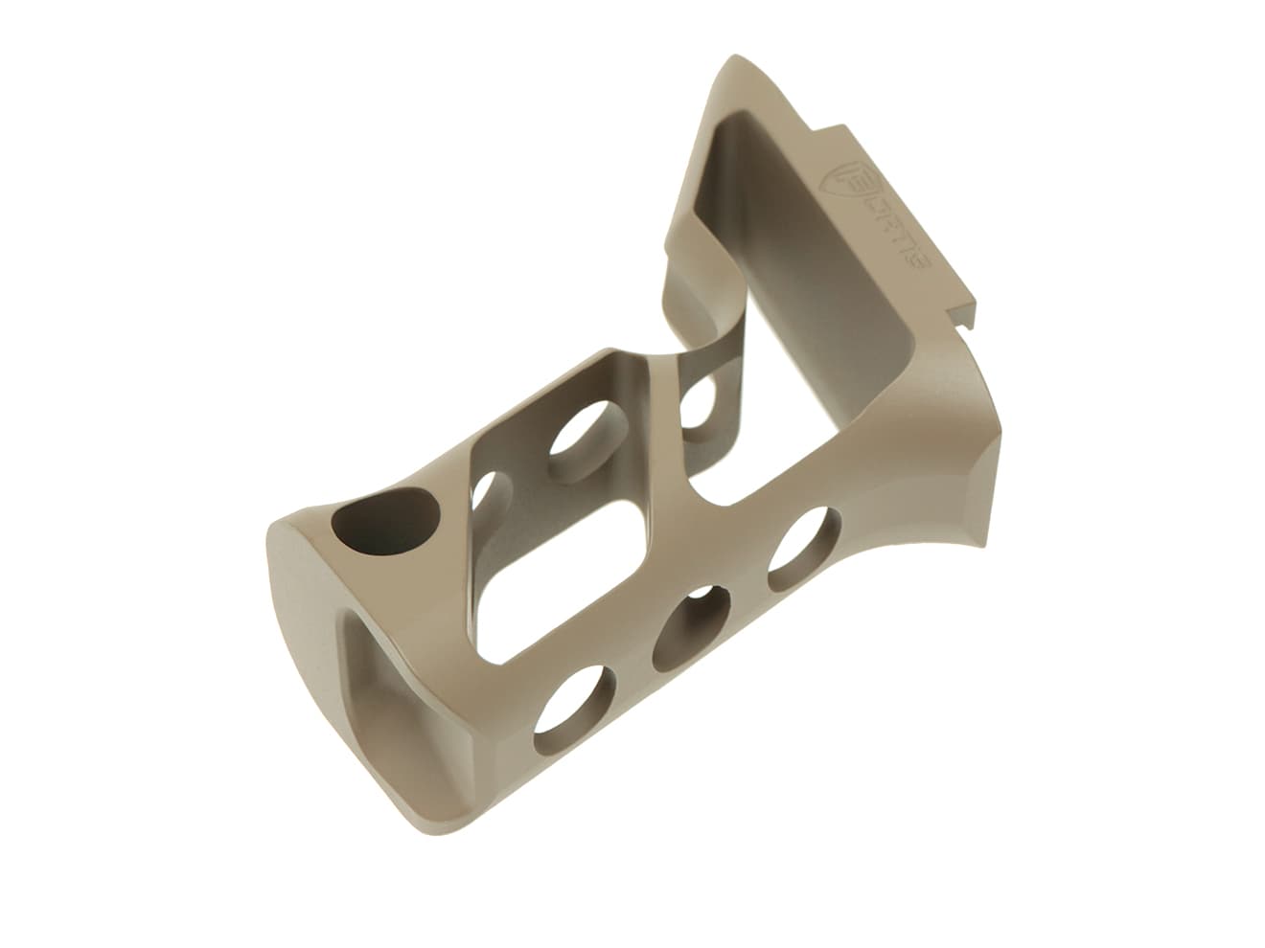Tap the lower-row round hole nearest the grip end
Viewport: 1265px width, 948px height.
pyautogui.click(x=576, y=713)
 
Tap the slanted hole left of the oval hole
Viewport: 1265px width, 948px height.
pyautogui.click(x=489, y=493)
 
